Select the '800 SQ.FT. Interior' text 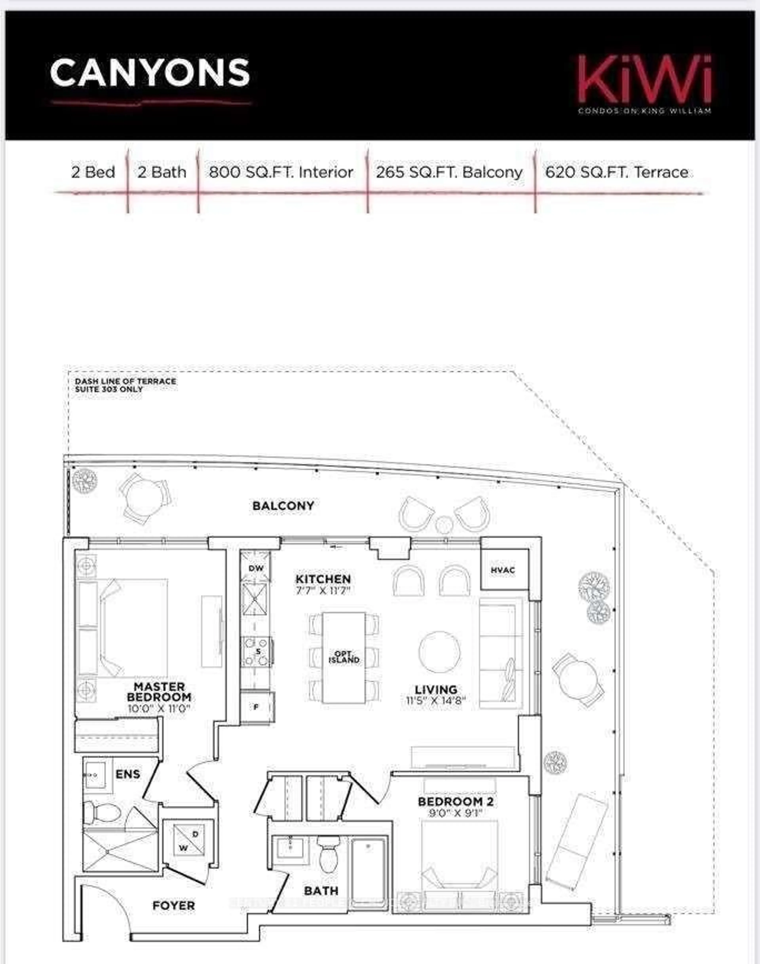pyautogui.click(x=281, y=172)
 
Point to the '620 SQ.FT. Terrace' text pyautogui.click(x=617, y=172)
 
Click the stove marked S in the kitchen pyautogui.click(x=257, y=652)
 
